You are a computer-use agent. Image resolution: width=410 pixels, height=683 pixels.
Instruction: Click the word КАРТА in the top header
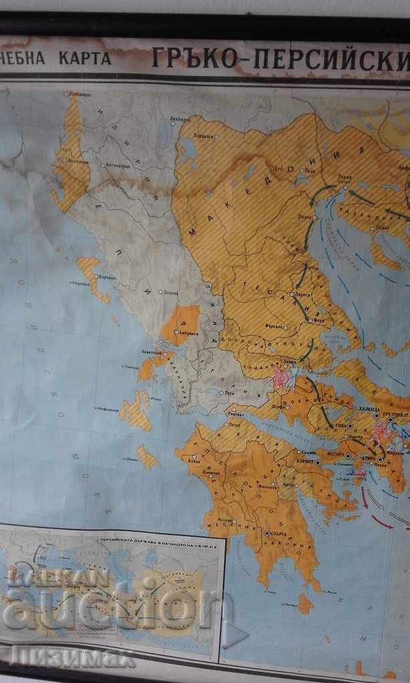pos(85,57)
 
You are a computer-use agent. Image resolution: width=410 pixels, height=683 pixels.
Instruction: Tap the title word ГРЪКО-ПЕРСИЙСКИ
pos(280,59)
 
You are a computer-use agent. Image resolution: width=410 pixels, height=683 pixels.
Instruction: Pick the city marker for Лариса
pos(291,294)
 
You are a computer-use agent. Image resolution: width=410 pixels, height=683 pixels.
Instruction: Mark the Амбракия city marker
pos(175,331)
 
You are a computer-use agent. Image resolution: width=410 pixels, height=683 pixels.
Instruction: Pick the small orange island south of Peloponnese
pos(305,604)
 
